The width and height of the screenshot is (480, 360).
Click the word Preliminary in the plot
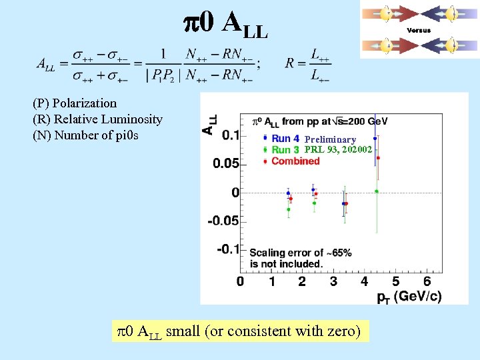click(x=331, y=139)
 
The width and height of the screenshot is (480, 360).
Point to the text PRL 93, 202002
click(x=338, y=149)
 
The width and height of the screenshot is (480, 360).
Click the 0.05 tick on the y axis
click(x=227, y=163)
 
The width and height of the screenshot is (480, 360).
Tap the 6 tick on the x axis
click(x=427, y=281)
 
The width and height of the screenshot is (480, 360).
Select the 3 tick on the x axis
click(x=333, y=281)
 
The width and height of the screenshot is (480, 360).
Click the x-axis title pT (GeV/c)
click(x=408, y=297)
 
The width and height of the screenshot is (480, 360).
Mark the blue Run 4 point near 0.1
click(x=375, y=138)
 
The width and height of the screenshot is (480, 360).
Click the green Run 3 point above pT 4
click(x=377, y=191)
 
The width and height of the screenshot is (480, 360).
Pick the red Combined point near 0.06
click(x=378, y=158)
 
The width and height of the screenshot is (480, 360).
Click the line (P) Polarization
click(x=75, y=103)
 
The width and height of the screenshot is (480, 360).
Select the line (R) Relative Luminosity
click(x=97, y=119)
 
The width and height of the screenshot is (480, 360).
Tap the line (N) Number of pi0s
click(x=85, y=135)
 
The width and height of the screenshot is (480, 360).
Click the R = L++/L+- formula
click(x=308, y=63)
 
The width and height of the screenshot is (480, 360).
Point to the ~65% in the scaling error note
click(x=337, y=253)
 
